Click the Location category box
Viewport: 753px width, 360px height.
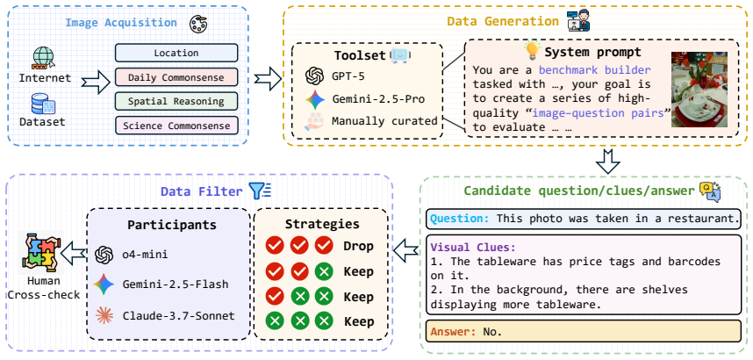[x=176, y=53]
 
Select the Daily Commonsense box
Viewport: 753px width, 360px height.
[x=176, y=77]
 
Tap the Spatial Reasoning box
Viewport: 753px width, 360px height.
[x=176, y=102]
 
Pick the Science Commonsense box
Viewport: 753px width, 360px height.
[x=176, y=126]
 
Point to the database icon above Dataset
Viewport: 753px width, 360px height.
[x=43, y=104]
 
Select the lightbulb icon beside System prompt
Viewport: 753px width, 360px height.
[x=532, y=50]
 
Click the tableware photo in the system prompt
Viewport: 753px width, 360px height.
[x=699, y=90]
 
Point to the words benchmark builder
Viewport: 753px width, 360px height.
[x=594, y=70]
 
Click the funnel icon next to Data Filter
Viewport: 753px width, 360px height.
[x=260, y=191]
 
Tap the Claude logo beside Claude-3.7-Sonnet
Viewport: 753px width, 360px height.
[x=104, y=315]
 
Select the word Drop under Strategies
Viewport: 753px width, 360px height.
[x=358, y=247]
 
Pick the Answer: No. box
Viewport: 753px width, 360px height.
[x=584, y=331]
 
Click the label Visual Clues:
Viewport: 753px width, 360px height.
[x=473, y=248]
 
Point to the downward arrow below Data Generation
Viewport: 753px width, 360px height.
[x=607, y=161]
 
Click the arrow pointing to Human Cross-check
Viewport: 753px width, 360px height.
[x=74, y=253]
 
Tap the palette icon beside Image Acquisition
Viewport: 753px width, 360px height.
[x=197, y=23]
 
